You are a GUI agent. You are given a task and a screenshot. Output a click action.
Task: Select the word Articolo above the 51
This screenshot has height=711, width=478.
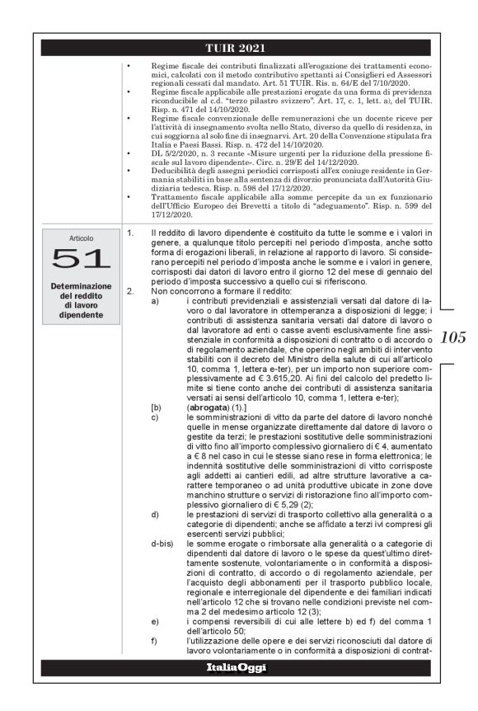pyautogui.click(x=82, y=237)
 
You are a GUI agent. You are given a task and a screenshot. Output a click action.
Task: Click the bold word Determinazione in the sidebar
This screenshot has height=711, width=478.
pyautogui.click(x=82, y=285)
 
